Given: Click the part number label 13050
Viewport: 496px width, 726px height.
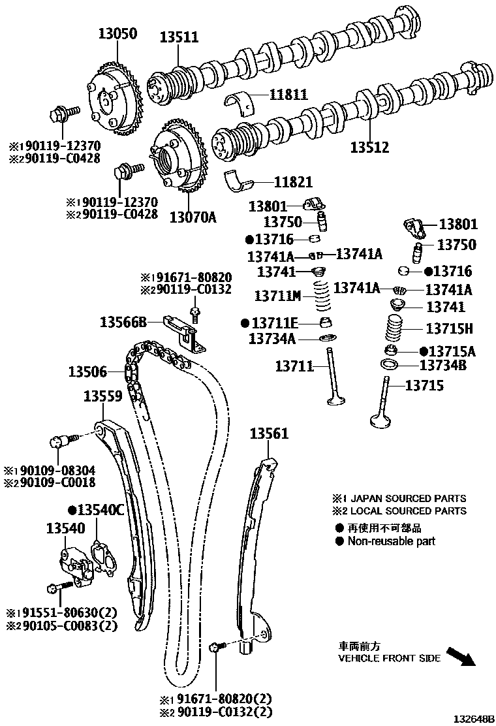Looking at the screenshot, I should pos(118,35).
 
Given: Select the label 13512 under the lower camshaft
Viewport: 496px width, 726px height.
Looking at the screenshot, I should pos(369,148).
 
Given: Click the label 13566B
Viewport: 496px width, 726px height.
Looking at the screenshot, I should pos(123,321).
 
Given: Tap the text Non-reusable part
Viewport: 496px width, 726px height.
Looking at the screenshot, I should pos(391,541).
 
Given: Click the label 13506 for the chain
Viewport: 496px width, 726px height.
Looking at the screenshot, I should pos(87,372).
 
